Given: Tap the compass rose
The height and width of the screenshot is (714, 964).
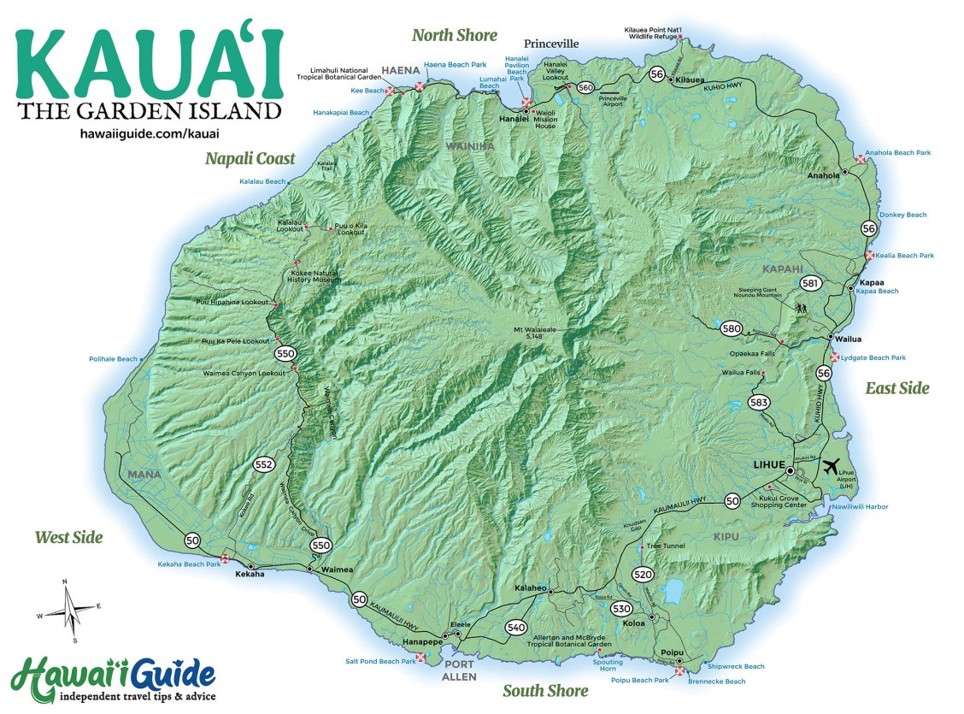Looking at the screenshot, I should pyautogui.click(x=70, y=610).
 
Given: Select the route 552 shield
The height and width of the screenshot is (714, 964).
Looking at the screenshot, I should pyautogui.click(x=264, y=464).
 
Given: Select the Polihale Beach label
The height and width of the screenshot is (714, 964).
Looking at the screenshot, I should pyautogui.click(x=113, y=359).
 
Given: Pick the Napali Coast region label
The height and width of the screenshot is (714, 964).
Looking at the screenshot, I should pyautogui.click(x=250, y=158).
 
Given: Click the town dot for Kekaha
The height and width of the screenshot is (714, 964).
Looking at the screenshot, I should pyautogui.click(x=250, y=566).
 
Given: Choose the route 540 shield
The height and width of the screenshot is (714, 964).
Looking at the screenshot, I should pyautogui.click(x=515, y=628).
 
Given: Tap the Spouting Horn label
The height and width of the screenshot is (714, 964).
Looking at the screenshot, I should pyautogui.click(x=608, y=666).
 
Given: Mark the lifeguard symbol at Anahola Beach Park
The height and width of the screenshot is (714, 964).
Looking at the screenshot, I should pyautogui.click(x=859, y=159).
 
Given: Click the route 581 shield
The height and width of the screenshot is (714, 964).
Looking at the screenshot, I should pyautogui.click(x=810, y=283).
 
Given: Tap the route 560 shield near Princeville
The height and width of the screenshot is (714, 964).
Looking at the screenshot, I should pyautogui.click(x=585, y=87).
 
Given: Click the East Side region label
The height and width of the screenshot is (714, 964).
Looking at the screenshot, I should pyautogui.click(x=896, y=388).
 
